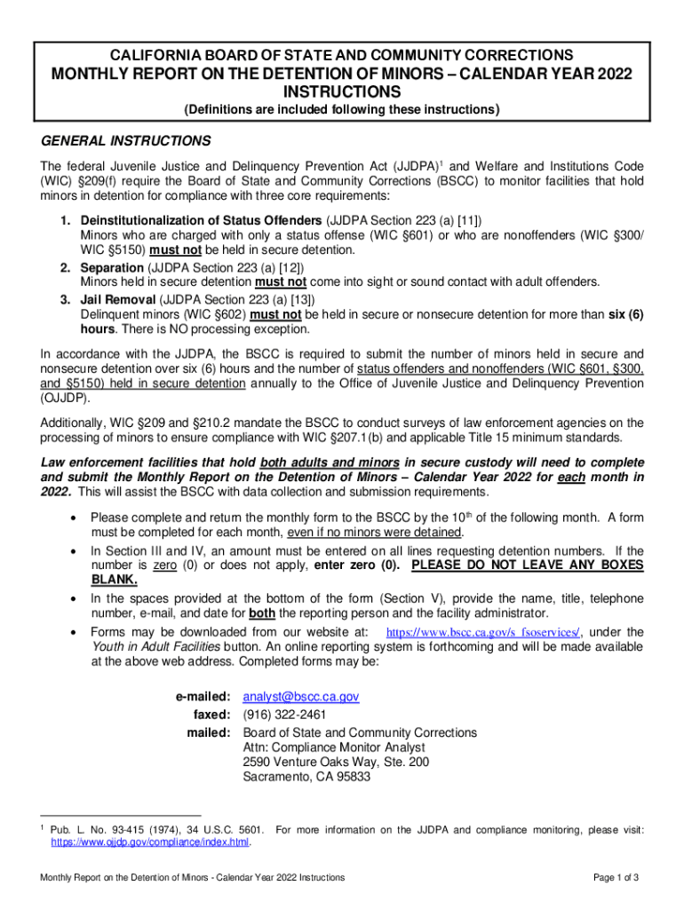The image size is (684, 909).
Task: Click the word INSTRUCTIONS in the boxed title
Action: [x=341, y=92]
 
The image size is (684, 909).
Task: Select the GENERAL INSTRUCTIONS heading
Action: [x=126, y=141]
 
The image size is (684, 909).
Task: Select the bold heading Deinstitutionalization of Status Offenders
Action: [x=201, y=219]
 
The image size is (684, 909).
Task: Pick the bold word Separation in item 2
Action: [x=113, y=266]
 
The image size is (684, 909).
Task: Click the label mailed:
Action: [x=209, y=732]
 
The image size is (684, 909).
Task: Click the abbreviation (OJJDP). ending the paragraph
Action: [x=67, y=399]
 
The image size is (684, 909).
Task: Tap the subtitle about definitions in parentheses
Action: [x=341, y=110]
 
